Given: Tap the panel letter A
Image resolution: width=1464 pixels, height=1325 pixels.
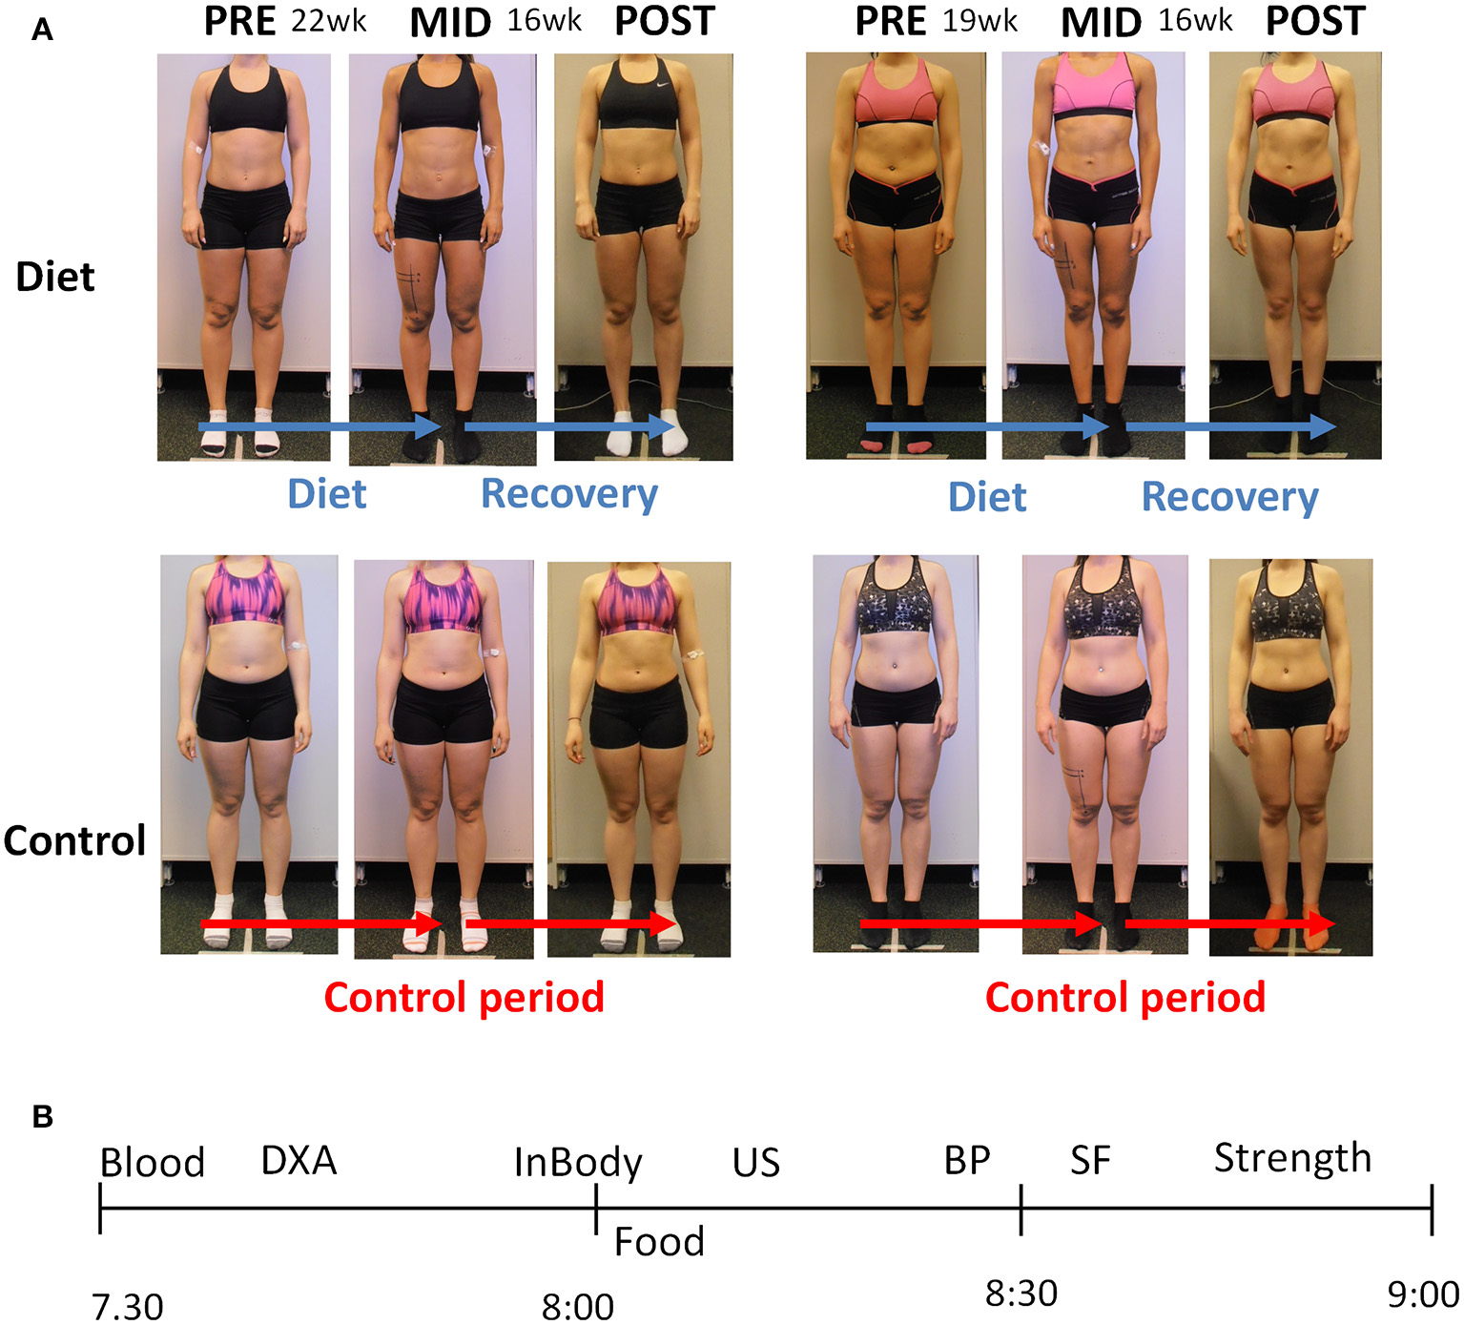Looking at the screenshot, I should pos(42,31).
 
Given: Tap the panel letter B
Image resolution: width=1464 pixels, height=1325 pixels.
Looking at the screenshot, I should pos(42,1116).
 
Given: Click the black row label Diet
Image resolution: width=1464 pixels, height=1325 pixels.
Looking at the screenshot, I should pos(55,278).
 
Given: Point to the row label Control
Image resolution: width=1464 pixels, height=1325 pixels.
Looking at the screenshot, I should pos(74,841).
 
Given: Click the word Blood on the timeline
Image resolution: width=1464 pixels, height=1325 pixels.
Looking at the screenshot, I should pos(153,1163).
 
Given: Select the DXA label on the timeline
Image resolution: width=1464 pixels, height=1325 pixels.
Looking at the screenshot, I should pos(299,1161).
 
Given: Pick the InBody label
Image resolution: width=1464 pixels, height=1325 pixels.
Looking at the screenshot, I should pos(578,1163).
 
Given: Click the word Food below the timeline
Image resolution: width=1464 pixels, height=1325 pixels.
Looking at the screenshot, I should pos(659,1242).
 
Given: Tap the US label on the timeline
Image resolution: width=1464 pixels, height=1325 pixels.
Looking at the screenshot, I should pos(756,1163).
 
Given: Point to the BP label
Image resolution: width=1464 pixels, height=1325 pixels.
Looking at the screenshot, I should pos(967,1161).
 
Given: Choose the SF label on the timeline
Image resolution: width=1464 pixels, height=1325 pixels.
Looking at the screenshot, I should pos(1090,1161).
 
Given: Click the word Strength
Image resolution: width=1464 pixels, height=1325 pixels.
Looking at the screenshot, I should pos(1292,1159).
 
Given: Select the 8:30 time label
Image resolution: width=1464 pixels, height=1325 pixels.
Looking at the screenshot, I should pos(1021,1294).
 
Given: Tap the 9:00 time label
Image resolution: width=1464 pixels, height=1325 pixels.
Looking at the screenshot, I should pos(1423,1295).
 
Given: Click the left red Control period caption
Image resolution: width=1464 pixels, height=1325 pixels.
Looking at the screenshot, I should pos(464,998).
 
